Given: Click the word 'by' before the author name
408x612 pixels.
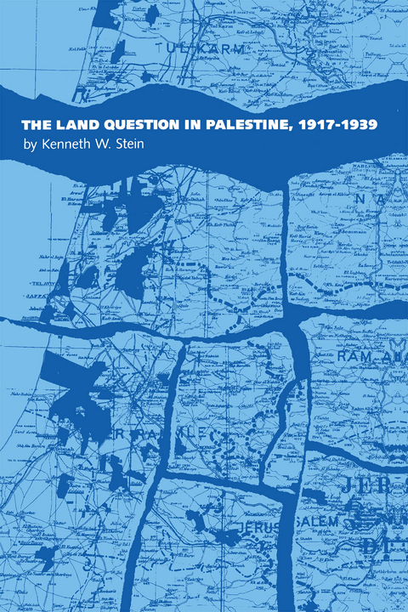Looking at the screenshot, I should point(31,145).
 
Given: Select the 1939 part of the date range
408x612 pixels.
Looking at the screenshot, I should point(357,124).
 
